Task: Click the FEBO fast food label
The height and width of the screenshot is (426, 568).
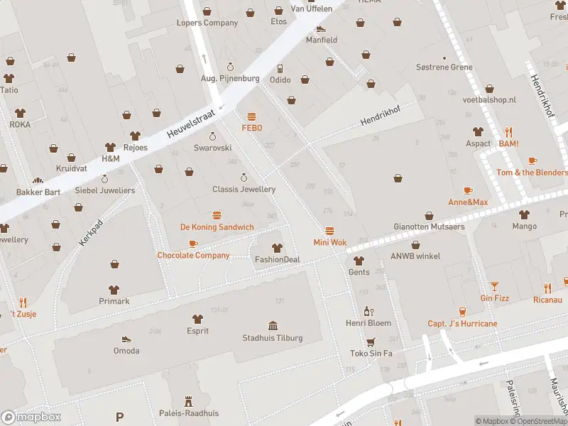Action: [251, 128]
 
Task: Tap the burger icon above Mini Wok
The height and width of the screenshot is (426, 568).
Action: [329, 231]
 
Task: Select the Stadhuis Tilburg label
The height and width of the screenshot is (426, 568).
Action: [273, 338]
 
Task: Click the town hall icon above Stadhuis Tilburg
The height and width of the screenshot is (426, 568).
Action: [273, 326]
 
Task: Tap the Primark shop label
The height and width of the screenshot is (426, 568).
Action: [114, 301]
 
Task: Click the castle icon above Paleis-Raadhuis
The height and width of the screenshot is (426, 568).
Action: [188, 401]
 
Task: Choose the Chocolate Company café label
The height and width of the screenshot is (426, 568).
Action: [193, 255]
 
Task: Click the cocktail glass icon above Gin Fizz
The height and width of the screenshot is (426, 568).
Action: [494, 286]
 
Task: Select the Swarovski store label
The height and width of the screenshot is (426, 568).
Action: [213, 148]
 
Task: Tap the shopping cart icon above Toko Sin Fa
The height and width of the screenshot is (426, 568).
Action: [371, 342]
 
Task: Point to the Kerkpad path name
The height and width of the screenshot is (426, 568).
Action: [91, 233]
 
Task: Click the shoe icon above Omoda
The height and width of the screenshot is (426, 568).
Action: [126, 339]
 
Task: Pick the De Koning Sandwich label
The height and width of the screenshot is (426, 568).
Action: [217, 227]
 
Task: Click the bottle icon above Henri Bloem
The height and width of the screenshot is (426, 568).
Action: [368, 311]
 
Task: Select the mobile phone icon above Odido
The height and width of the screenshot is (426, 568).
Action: [280, 69]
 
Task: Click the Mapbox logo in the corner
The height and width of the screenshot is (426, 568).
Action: [31, 417]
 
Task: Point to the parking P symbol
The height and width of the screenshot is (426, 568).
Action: [119, 417]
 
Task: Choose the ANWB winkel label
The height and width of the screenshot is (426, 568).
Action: [415, 256]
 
